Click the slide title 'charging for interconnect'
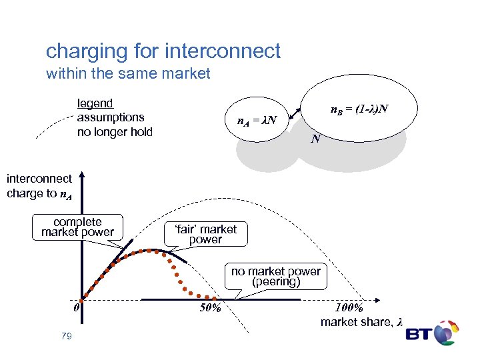click(x=163, y=51)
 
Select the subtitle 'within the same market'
click(x=128, y=73)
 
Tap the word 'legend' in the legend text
click(x=95, y=103)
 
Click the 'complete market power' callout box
click(x=77, y=227)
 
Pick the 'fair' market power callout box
click(x=205, y=234)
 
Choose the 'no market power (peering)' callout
click(x=276, y=276)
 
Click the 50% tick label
click(x=211, y=309)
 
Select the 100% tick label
click(x=349, y=309)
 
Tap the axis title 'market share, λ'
click(x=361, y=323)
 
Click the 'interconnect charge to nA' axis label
click(x=39, y=186)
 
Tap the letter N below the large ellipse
click(x=316, y=140)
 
